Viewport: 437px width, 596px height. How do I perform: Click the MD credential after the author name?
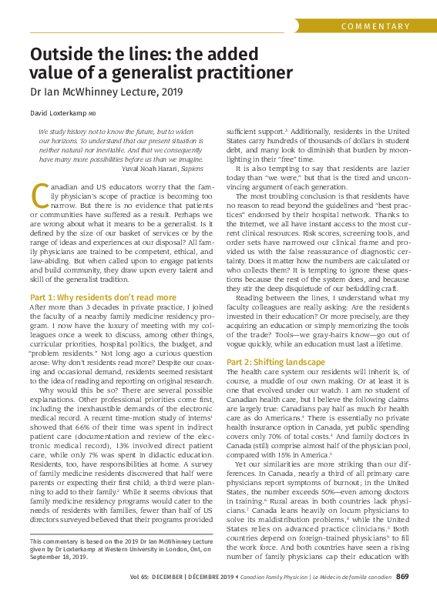(92, 113)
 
